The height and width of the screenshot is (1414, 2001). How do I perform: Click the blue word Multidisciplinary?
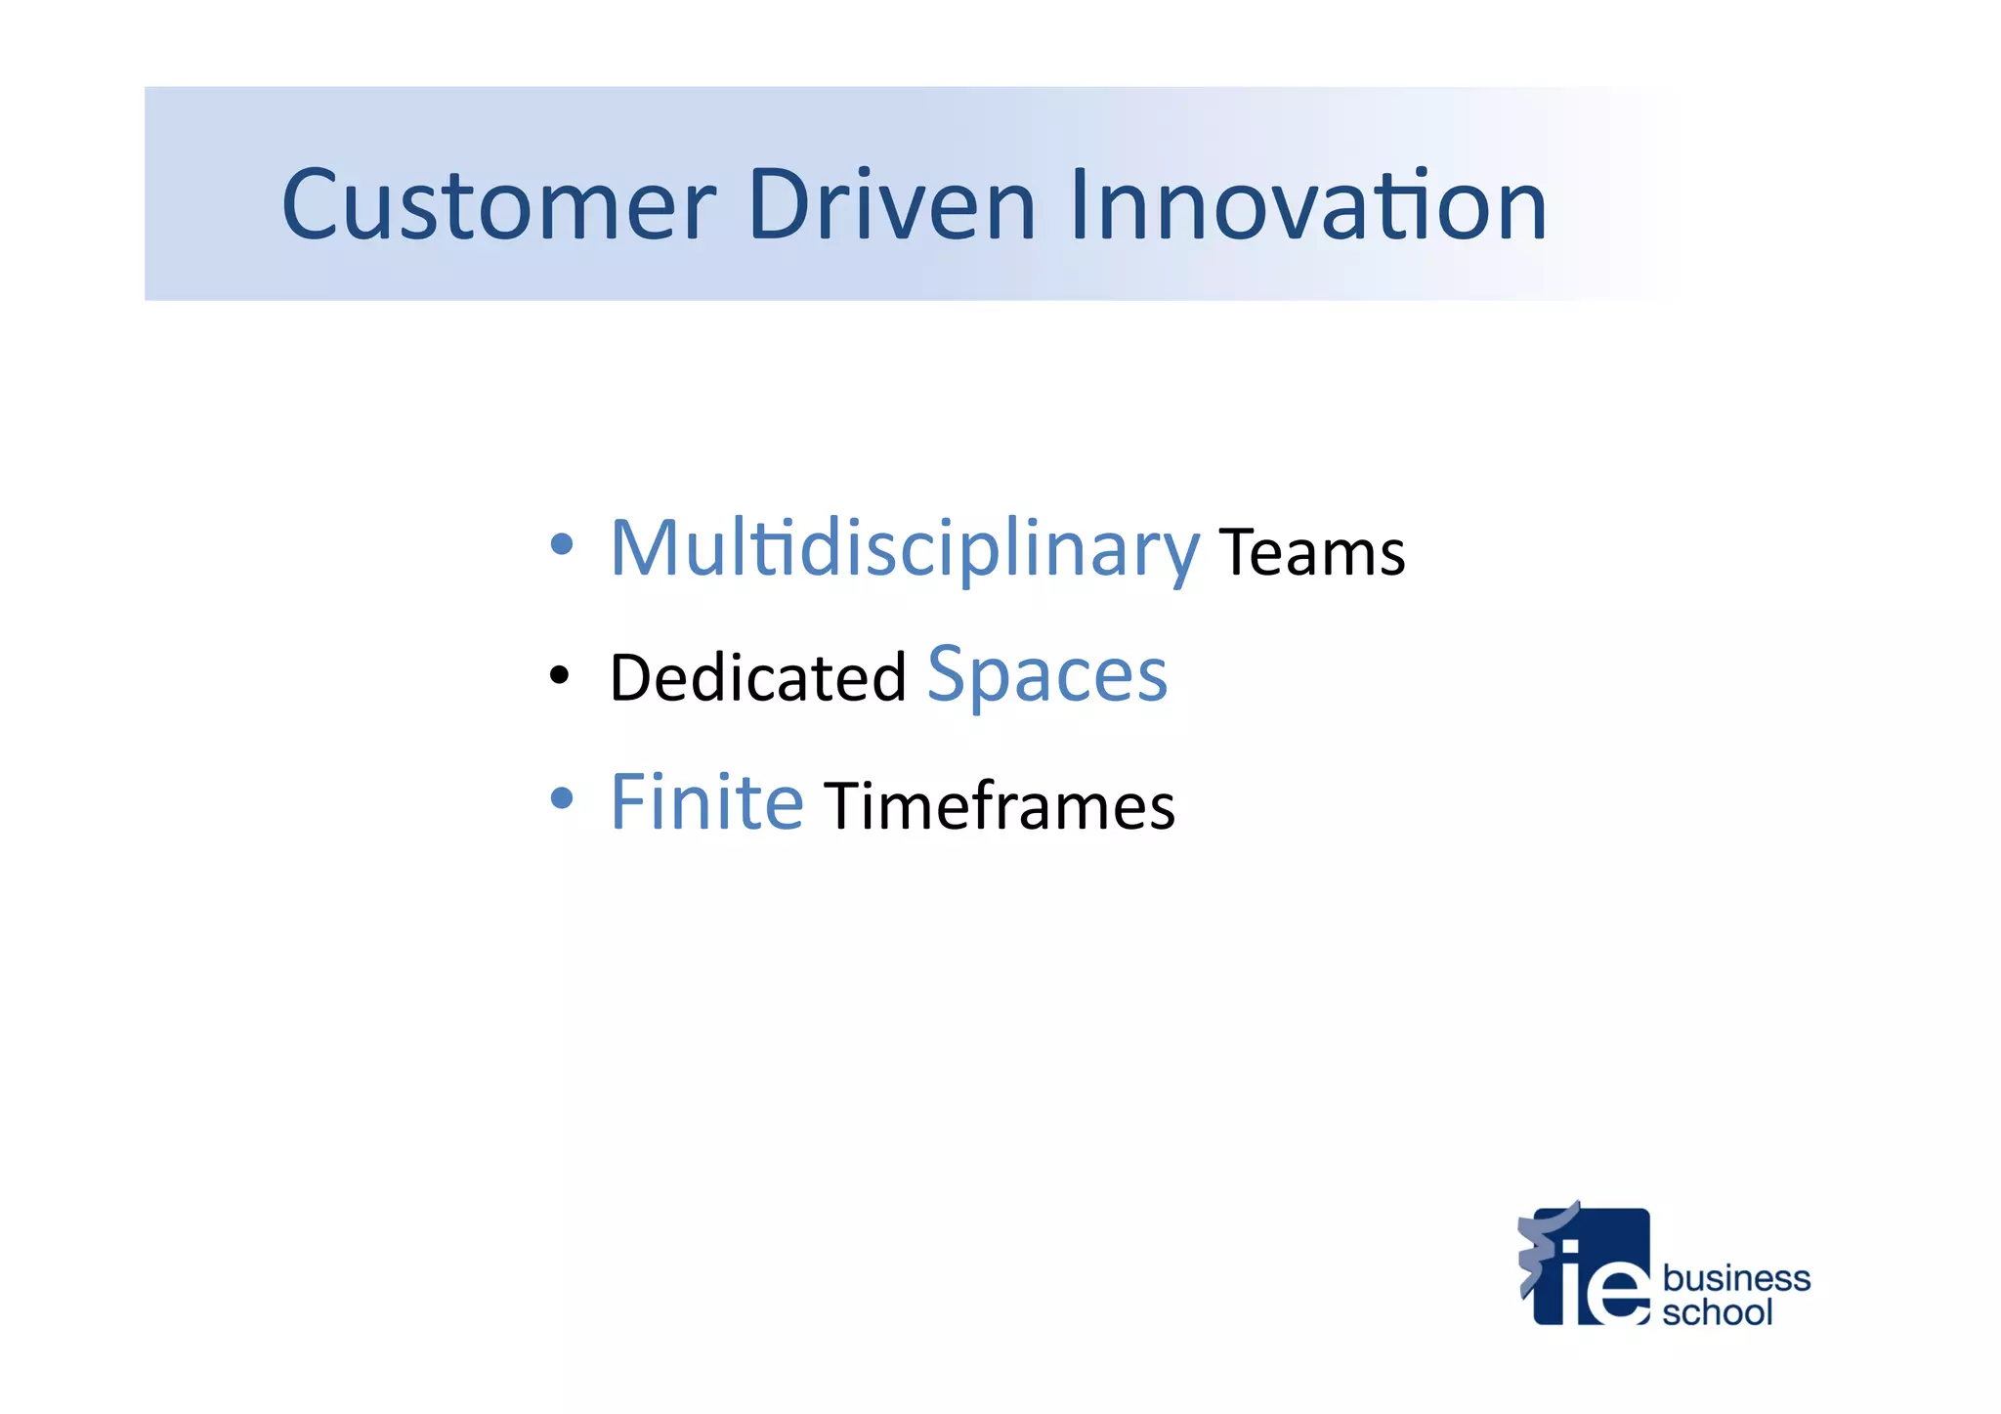point(904,549)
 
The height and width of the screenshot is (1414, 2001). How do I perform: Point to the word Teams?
point(1311,553)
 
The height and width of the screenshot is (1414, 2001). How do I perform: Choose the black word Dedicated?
point(758,677)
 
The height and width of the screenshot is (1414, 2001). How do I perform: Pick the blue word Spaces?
point(1046,674)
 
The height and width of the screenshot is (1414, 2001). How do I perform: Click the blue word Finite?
point(706,802)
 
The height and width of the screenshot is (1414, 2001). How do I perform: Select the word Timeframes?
point(1000,806)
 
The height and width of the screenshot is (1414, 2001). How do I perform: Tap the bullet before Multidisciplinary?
point(561,544)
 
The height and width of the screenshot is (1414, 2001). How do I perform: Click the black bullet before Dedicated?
point(559,673)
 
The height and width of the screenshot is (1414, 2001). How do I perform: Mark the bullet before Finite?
point(561,798)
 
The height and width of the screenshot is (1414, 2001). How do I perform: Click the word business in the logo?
point(1735,1277)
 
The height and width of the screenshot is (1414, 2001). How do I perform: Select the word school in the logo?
point(1717,1311)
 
